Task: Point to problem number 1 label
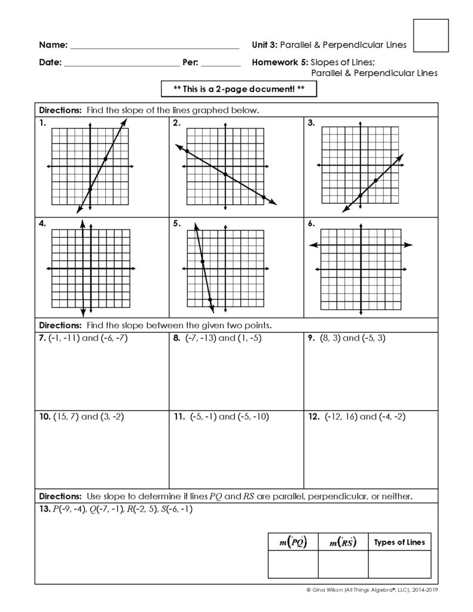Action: [42, 123]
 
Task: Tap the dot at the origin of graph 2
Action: [225, 174]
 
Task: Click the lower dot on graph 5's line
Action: [210, 300]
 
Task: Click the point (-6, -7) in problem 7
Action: [113, 338]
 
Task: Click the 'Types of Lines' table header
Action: [399, 543]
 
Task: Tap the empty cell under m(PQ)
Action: [293, 564]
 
